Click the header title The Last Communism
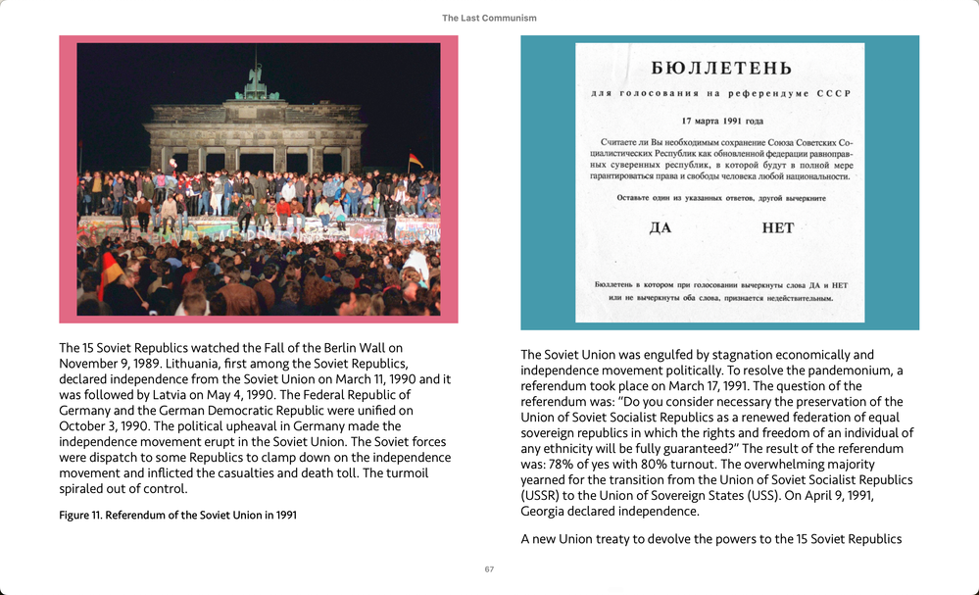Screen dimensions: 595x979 [x=489, y=18]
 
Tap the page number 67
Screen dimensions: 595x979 [x=489, y=570]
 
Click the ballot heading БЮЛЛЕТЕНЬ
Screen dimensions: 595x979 [x=720, y=69]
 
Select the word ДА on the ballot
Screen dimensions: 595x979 [x=661, y=227]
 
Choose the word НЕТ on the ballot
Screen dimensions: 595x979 [x=777, y=227]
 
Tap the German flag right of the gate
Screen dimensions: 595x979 [x=416, y=160]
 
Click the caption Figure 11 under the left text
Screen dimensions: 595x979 [x=177, y=515]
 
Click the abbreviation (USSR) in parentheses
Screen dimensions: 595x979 [x=544, y=495]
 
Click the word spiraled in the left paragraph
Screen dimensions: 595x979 [x=84, y=489]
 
